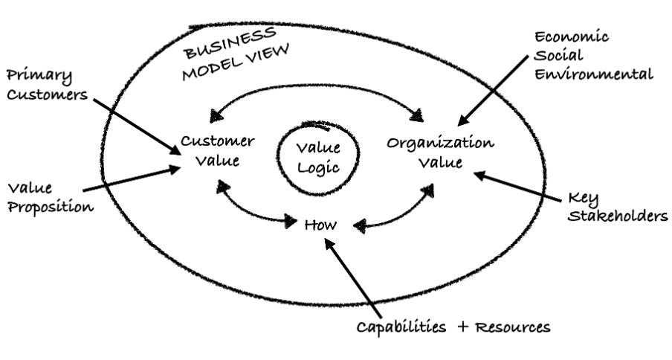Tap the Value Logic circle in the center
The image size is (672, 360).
(x=317, y=158)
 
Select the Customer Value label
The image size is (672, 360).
(x=218, y=150)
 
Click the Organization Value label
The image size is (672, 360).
(x=440, y=150)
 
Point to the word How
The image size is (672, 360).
(x=322, y=224)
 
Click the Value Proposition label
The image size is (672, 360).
(x=48, y=198)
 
